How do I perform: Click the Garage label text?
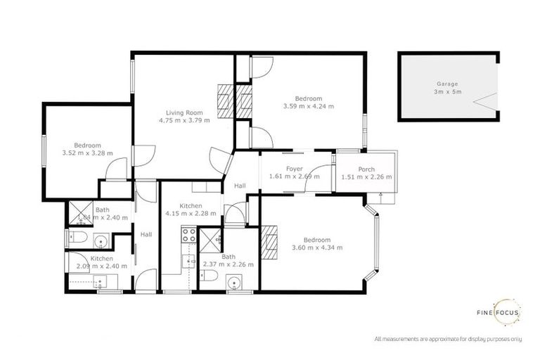coord(447,84)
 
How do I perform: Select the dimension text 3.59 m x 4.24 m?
coord(309,107)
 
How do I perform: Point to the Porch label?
coord(366,169)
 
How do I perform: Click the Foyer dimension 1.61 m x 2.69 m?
coord(294,176)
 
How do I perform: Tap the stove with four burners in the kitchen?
coord(188,235)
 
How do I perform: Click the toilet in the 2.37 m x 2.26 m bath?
coord(205,279)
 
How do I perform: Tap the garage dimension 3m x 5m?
coord(447,92)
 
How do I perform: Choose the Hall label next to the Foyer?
coord(240,186)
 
